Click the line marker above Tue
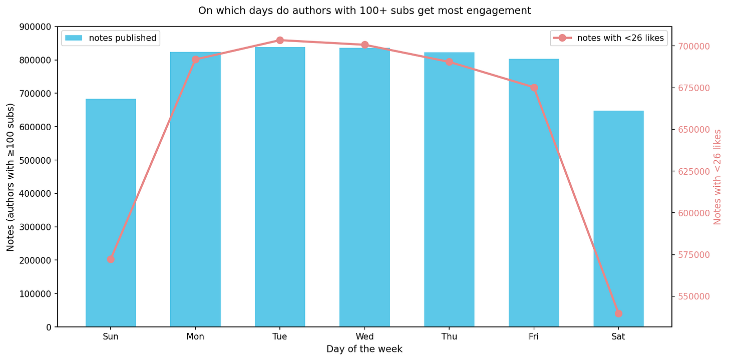pos(280,40)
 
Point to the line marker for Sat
pos(618,313)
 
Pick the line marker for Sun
pos(111,259)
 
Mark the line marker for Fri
pos(534,88)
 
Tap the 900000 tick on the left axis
pos(36,27)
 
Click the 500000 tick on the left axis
pos(36,160)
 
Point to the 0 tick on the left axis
pos(48,327)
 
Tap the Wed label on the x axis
pos(364,337)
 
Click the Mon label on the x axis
pos(195,337)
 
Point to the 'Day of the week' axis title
pos(364,349)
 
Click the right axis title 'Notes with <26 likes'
pos(717,177)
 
